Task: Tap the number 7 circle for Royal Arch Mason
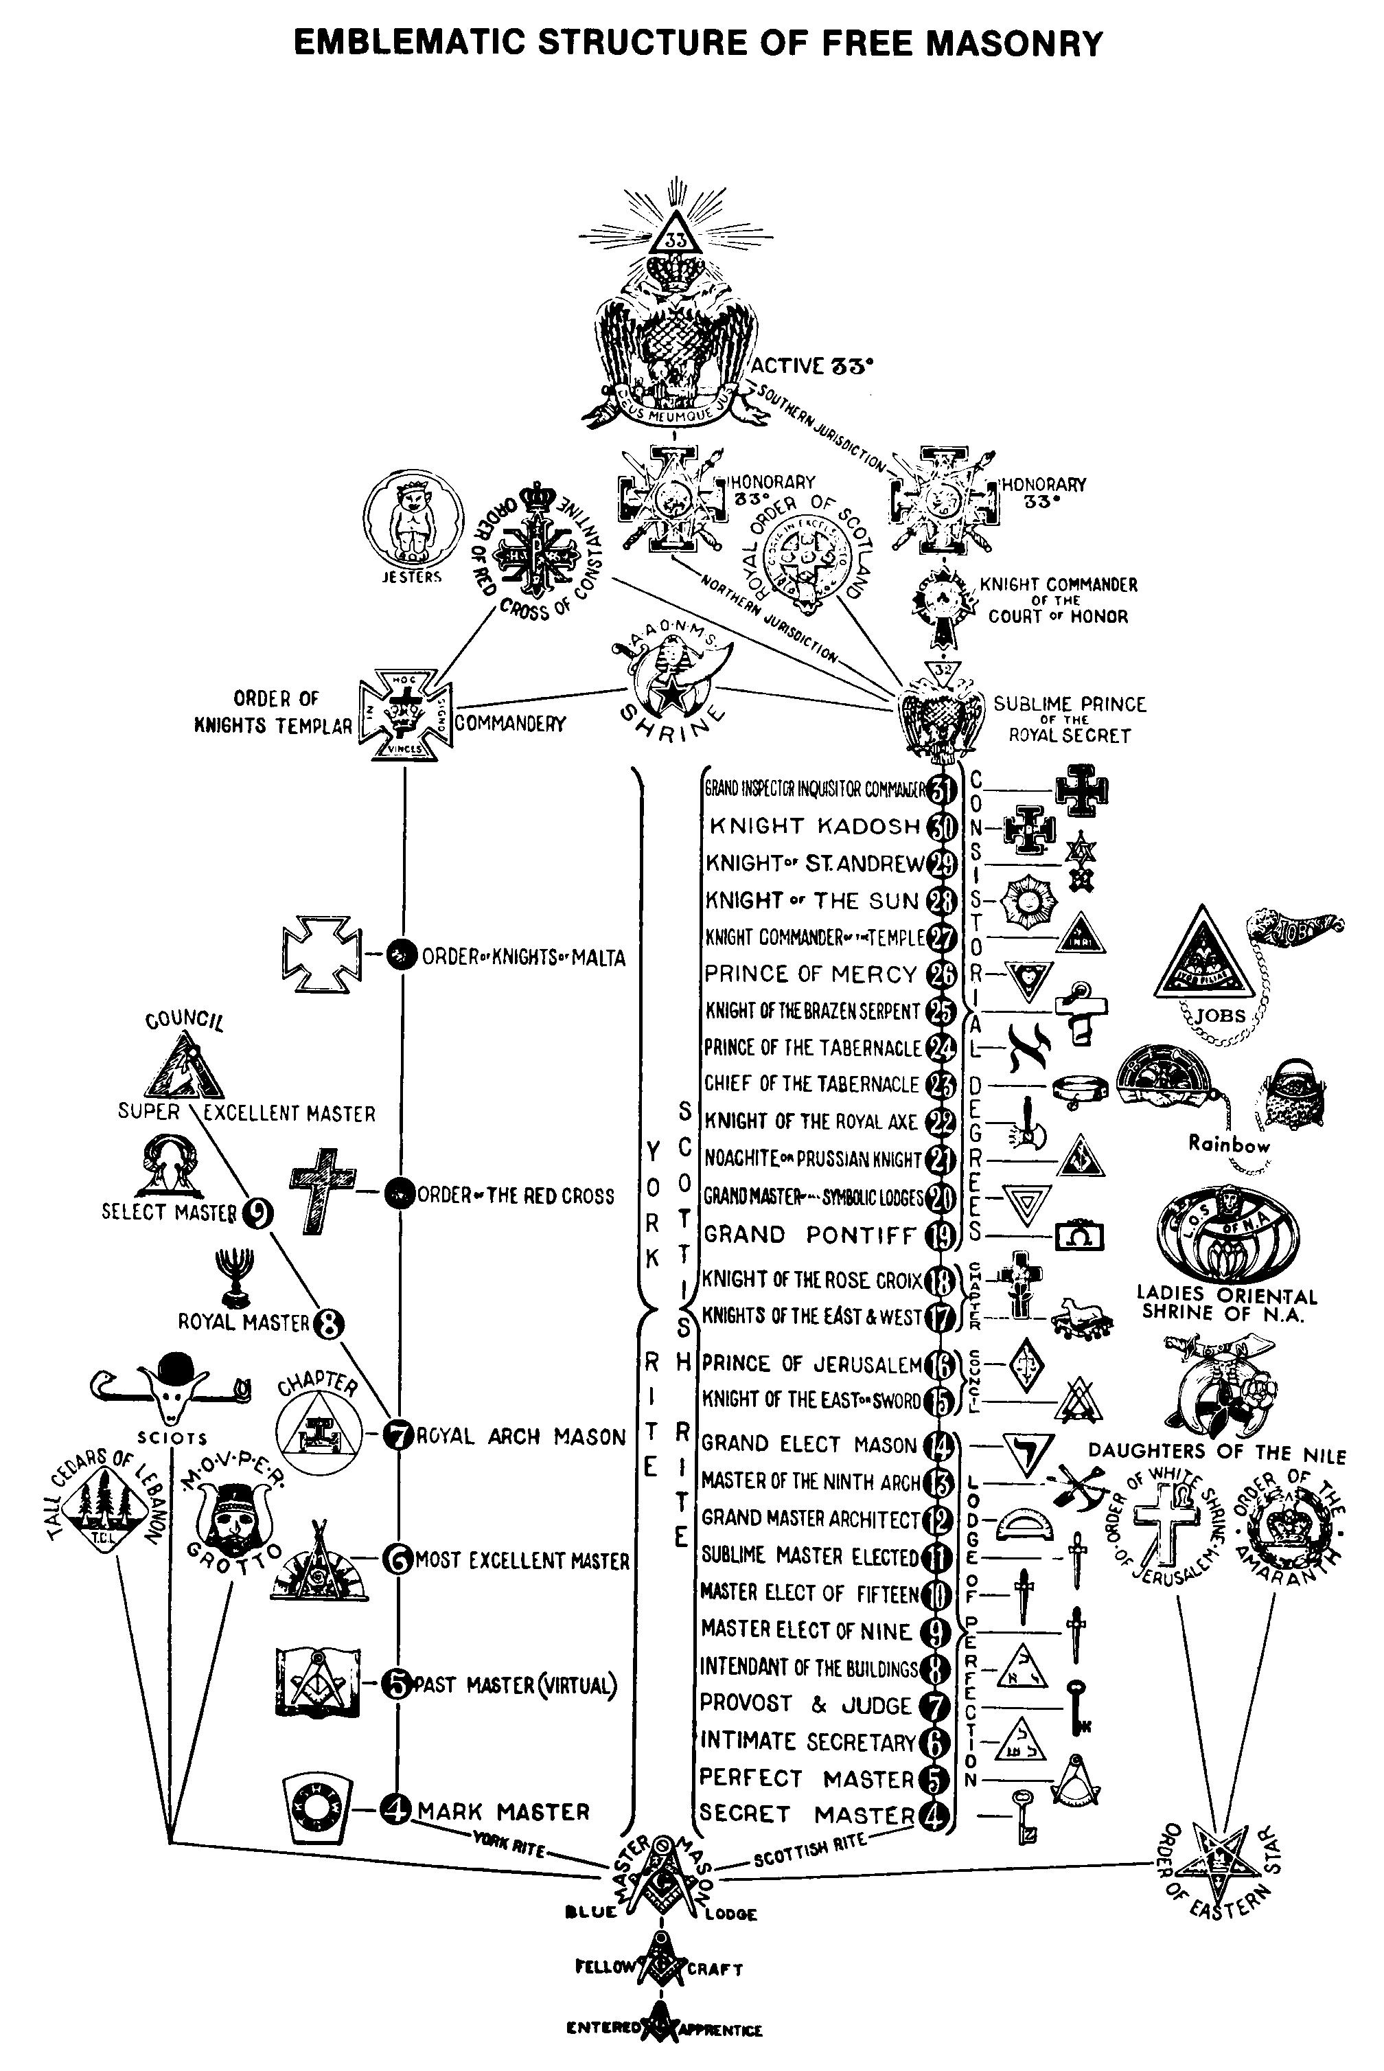[397, 1437]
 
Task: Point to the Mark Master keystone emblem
[316, 1811]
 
